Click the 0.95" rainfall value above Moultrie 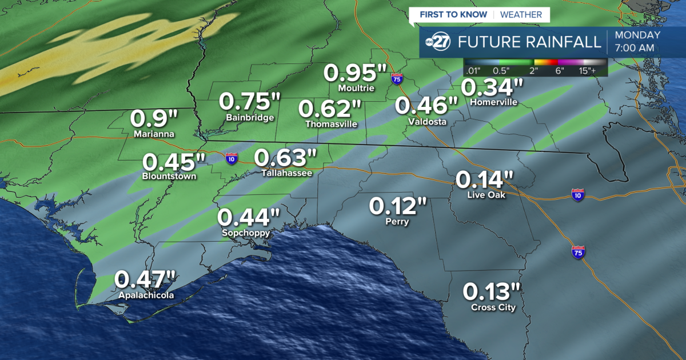tap(356, 73)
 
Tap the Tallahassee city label tap(287, 172)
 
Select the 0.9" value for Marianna tap(154, 119)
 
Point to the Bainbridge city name tap(250, 118)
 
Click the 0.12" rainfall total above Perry tap(398, 206)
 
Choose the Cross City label tap(493, 307)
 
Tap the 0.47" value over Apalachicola tap(146, 280)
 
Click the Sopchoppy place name tap(246, 233)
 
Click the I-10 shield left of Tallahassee tap(232, 158)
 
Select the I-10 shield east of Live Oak tap(578, 195)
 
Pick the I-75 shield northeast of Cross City tap(579, 252)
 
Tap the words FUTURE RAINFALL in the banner tap(530, 42)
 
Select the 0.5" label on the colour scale tap(502, 71)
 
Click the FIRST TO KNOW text tap(453, 14)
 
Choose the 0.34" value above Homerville tap(492, 87)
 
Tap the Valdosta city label tap(427, 122)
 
